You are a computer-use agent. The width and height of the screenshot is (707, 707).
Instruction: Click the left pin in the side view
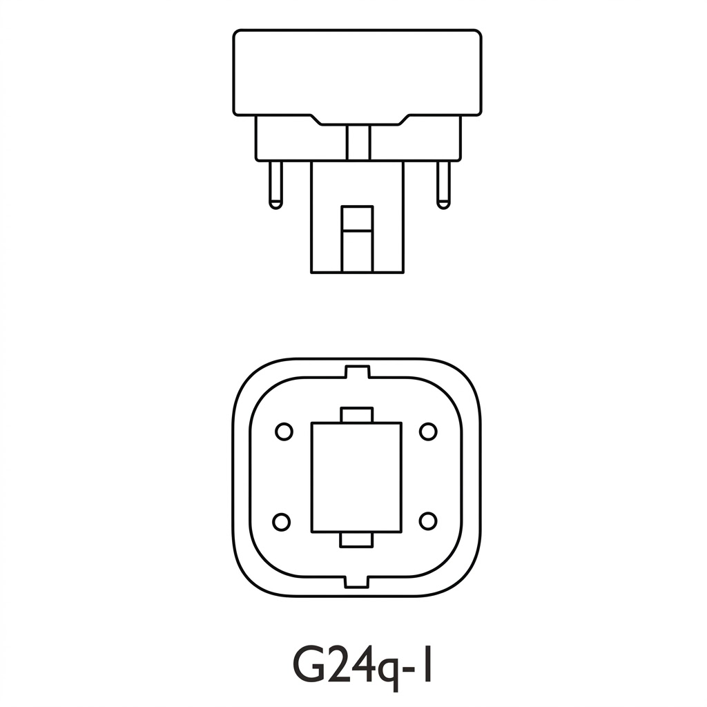click(275, 183)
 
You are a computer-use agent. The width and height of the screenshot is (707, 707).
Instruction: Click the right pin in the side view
click(443, 183)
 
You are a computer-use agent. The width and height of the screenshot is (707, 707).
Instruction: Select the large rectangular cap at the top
click(357, 72)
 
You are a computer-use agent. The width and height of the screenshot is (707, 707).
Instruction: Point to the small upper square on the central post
click(358, 218)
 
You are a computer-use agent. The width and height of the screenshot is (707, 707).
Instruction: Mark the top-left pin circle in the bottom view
click(284, 432)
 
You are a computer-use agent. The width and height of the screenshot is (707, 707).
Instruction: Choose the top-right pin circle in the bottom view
click(428, 432)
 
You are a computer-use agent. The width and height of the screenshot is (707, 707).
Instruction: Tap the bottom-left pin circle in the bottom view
click(282, 521)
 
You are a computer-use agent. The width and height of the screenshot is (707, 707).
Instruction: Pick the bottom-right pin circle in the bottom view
click(428, 521)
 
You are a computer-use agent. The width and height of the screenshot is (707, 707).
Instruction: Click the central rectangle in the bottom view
click(356, 477)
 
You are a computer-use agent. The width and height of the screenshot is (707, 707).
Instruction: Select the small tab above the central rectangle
click(357, 415)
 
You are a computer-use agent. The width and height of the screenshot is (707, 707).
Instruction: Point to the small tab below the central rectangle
click(357, 540)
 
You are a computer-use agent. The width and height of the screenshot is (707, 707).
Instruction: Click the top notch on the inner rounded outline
click(357, 373)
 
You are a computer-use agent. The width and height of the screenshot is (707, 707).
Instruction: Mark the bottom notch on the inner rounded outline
click(357, 581)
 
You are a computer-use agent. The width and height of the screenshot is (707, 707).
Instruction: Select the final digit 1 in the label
click(429, 663)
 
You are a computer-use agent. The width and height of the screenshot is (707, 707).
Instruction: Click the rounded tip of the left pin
click(275, 204)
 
